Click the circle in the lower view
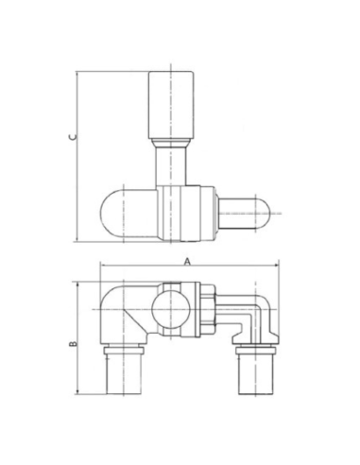coord(169,308)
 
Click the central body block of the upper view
coord(174,213)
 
